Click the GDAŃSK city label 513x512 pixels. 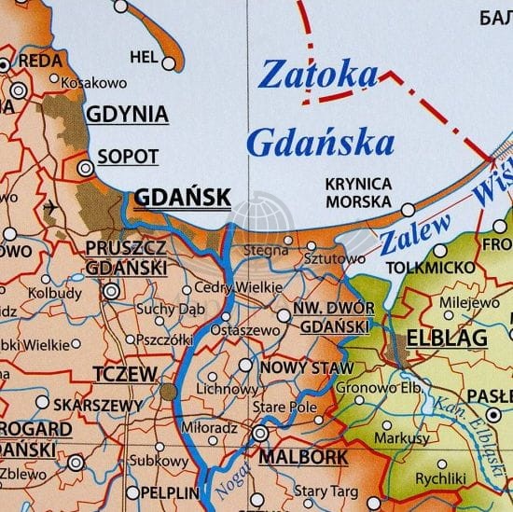(x=183, y=197)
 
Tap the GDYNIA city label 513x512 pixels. (x=127, y=115)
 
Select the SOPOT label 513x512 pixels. (x=128, y=157)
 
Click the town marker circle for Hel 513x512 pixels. (x=169, y=63)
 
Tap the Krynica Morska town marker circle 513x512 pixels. (x=409, y=208)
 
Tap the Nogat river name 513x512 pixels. (x=228, y=478)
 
